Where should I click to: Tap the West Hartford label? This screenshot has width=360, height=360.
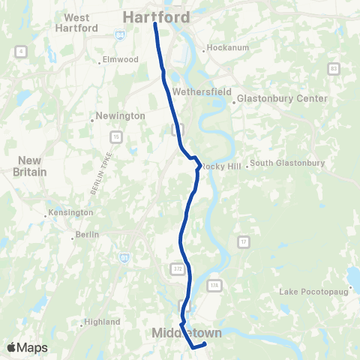(76, 22)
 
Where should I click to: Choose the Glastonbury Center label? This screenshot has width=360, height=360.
(282, 98)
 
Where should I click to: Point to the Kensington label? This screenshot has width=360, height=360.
(71, 213)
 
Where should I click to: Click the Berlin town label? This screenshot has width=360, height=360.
(85, 235)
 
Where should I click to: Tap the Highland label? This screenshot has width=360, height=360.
(103, 322)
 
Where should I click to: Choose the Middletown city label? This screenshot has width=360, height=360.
(187, 331)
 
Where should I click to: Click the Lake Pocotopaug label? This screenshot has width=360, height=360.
(314, 290)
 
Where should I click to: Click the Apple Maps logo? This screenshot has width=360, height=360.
(27, 347)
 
